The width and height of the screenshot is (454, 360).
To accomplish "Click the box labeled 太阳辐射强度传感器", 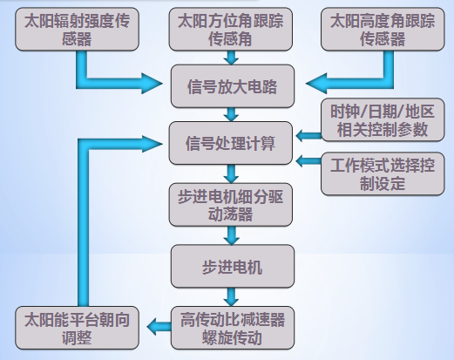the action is [77, 29].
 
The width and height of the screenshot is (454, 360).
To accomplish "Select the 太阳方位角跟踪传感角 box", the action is [231, 29].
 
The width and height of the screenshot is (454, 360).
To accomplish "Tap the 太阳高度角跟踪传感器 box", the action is [383, 29].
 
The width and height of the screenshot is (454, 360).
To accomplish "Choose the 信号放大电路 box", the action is [233, 86].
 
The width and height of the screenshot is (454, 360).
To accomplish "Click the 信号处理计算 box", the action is [231, 143].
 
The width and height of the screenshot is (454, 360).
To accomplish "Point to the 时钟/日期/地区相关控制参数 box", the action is [383, 119].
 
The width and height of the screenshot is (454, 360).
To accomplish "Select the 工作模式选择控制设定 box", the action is [383, 173].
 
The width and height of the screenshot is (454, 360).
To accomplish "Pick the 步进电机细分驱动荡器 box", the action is [231, 205].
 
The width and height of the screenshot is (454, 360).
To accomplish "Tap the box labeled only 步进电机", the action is [233, 266].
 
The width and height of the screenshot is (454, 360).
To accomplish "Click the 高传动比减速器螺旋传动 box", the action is [233, 328].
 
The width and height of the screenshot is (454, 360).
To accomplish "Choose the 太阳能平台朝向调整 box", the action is [77, 328].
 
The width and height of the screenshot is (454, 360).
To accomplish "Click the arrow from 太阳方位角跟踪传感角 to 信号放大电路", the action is [231, 58].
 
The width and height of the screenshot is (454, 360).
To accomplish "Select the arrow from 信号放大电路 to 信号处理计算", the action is [231, 114].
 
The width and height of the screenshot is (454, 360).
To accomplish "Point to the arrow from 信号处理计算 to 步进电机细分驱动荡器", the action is [231, 174].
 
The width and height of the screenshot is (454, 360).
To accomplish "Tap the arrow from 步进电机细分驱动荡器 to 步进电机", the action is [231, 235].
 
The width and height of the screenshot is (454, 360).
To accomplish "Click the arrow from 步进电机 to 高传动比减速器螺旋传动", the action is [231, 297].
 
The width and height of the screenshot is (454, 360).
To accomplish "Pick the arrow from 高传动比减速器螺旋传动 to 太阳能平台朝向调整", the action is [159, 327].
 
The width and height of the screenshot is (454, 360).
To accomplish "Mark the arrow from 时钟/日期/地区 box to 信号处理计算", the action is [308, 135].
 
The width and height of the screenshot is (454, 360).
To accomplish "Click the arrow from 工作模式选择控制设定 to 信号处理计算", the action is [308, 161].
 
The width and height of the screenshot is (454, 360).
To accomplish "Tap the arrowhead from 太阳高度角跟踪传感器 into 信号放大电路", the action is [316, 84].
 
